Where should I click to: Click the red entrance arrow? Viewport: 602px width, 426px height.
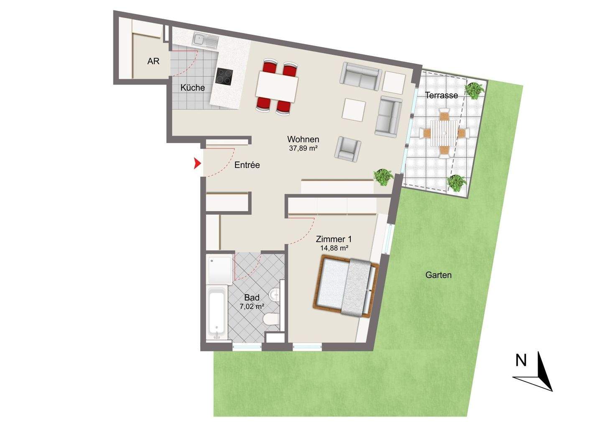196,164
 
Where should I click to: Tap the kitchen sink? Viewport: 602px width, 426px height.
205,40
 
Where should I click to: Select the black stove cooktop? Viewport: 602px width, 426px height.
224,77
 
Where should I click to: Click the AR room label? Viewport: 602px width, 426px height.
153,61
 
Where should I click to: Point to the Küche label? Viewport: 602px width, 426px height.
193,88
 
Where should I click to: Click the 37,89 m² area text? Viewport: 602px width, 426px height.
304,148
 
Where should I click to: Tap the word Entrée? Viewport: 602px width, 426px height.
247,165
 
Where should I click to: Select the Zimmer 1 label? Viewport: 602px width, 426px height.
334,239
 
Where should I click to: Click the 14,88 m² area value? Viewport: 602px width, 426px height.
334,248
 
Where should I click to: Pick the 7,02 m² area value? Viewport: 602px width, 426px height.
252,306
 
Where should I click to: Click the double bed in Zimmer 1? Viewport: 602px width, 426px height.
345,287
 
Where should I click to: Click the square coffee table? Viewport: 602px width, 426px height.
354,110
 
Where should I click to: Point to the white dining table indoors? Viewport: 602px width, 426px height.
277,87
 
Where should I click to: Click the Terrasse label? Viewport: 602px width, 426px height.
441,95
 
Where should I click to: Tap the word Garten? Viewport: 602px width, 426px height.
438,275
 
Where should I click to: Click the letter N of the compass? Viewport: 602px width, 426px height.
521,361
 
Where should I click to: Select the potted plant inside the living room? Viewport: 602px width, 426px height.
383,177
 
